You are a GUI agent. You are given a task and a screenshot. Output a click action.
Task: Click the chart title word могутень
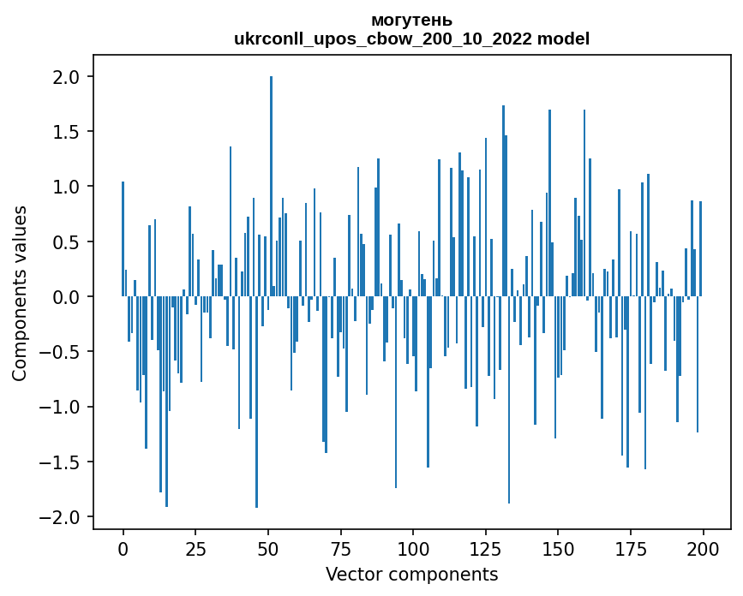pyautogui.click(x=411, y=21)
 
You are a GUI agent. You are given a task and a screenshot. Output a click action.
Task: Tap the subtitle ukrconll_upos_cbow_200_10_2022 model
pyautogui.click(x=411, y=39)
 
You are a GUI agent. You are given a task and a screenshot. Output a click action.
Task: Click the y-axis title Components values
pyautogui.click(x=20, y=293)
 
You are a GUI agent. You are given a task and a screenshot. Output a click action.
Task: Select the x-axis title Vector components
pyautogui.click(x=411, y=574)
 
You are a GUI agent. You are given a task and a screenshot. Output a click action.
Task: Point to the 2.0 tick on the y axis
pyautogui.click(x=66, y=77)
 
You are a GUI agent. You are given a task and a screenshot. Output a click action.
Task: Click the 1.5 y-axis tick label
pyautogui.click(x=66, y=132)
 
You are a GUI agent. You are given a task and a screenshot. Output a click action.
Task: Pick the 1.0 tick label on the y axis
pyautogui.click(x=66, y=187)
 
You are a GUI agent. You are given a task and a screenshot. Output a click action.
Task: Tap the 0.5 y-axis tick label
pyautogui.click(x=66, y=242)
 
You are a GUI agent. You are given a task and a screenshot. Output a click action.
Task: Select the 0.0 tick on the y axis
pyautogui.click(x=66, y=297)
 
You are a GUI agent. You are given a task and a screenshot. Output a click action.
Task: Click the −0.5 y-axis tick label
pyautogui.click(x=61, y=352)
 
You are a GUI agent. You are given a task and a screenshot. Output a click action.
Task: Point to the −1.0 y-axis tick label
pyautogui.click(x=61, y=407)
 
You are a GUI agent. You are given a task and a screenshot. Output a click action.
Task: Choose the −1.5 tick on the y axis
pyautogui.click(x=61, y=462)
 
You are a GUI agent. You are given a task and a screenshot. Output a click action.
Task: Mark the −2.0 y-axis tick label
pyautogui.click(x=61, y=517)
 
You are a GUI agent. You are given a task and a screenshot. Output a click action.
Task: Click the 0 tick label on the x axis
pyautogui.click(x=123, y=548)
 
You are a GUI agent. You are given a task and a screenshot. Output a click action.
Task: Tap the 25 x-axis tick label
pyautogui.click(x=195, y=548)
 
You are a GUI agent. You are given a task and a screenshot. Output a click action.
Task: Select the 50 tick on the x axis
pyautogui.click(x=268, y=548)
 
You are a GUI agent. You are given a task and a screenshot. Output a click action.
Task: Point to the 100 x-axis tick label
pyautogui.click(x=413, y=548)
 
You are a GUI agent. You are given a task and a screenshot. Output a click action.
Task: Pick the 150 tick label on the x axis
pyautogui.click(x=558, y=548)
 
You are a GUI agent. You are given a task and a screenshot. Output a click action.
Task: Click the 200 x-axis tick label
pyautogui.click(x=703, y=548)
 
